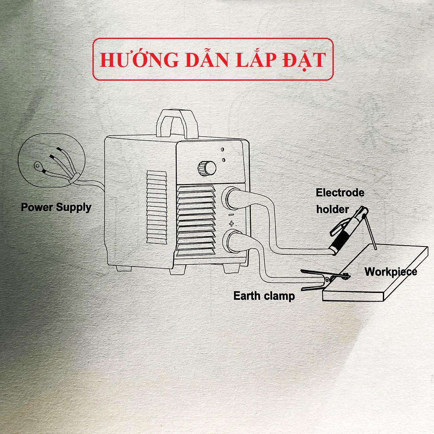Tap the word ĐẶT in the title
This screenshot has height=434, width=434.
coord(303,60)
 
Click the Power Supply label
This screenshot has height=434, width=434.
coord(56,207)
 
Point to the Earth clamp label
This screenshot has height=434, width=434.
coord(264,296)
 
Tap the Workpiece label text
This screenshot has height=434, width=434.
coord(391,272)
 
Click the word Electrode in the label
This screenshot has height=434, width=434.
coord(340,193)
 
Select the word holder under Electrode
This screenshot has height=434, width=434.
coord(332,209)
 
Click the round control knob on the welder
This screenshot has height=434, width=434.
coord(207,168)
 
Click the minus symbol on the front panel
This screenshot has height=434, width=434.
coord(231,214)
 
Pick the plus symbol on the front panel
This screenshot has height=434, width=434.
coord(231,224)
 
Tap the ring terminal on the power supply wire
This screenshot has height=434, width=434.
coord(39,165)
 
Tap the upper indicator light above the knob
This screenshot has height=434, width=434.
coord(222,149)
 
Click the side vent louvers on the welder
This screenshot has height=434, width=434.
coord(157,206)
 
